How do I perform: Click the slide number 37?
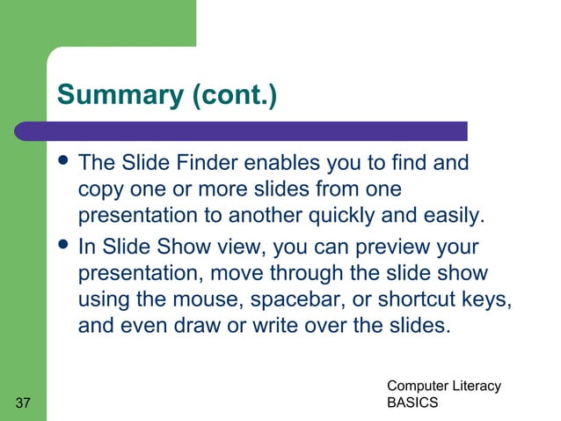click(x=24, y=403)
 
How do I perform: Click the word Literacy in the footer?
click(x=474, y=386)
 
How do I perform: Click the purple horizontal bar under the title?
click(x=255, y=131)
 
